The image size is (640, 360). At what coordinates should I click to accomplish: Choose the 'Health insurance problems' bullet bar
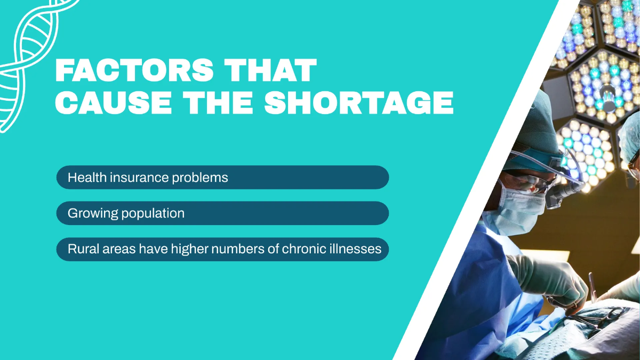[x=222, y=178]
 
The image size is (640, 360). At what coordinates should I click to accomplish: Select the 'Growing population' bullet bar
[x=222, y=213]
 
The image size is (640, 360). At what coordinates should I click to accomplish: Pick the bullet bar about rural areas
[x=222, y=249]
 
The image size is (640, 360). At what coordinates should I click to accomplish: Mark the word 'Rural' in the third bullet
[x=81, y=249]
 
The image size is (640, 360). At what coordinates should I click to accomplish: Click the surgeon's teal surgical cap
[x=536, y=125]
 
